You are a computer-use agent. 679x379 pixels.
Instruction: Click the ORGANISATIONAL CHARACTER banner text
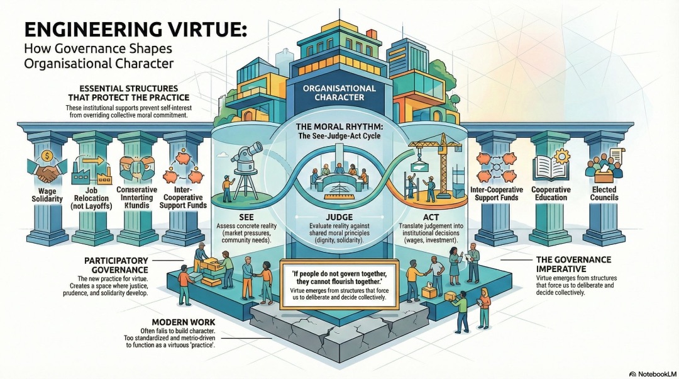339,93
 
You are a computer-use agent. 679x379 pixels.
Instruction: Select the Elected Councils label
604,193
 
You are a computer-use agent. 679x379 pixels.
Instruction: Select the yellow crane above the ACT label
434,157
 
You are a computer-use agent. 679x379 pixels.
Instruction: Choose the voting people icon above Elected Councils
604,164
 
